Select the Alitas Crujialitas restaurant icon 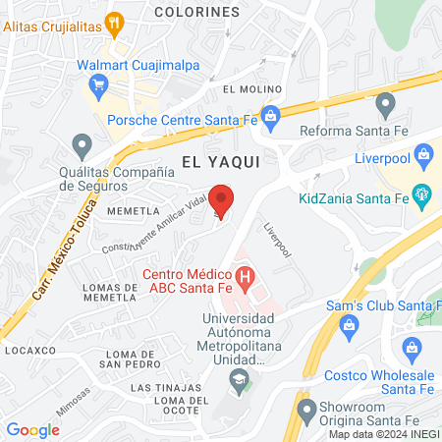click(x=115, y=21)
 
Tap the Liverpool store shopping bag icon click(x=423, y=153)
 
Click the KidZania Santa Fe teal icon click(x=423, y=195)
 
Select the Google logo click(x=32, y=429)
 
